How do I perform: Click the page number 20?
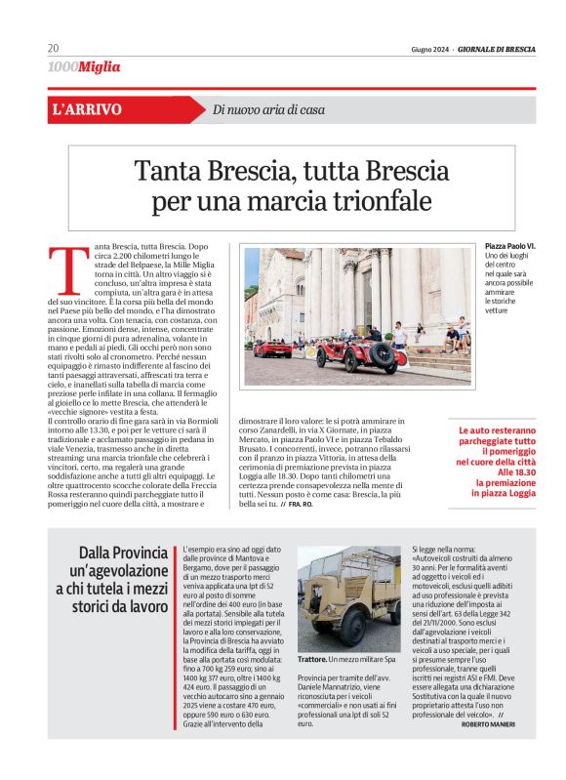[53, 49]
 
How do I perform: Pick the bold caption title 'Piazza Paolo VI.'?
[509, 246]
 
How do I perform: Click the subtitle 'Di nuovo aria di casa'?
[268, 109]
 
